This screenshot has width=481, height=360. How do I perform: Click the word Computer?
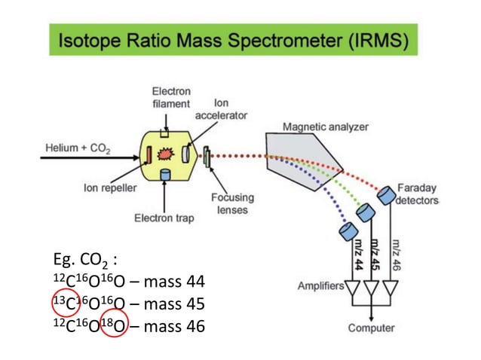point(370,328)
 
